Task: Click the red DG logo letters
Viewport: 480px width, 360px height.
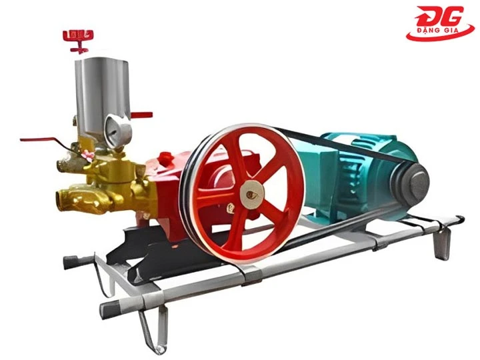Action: click(437, 18)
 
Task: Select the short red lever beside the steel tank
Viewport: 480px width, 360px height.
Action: click(140, 115)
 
